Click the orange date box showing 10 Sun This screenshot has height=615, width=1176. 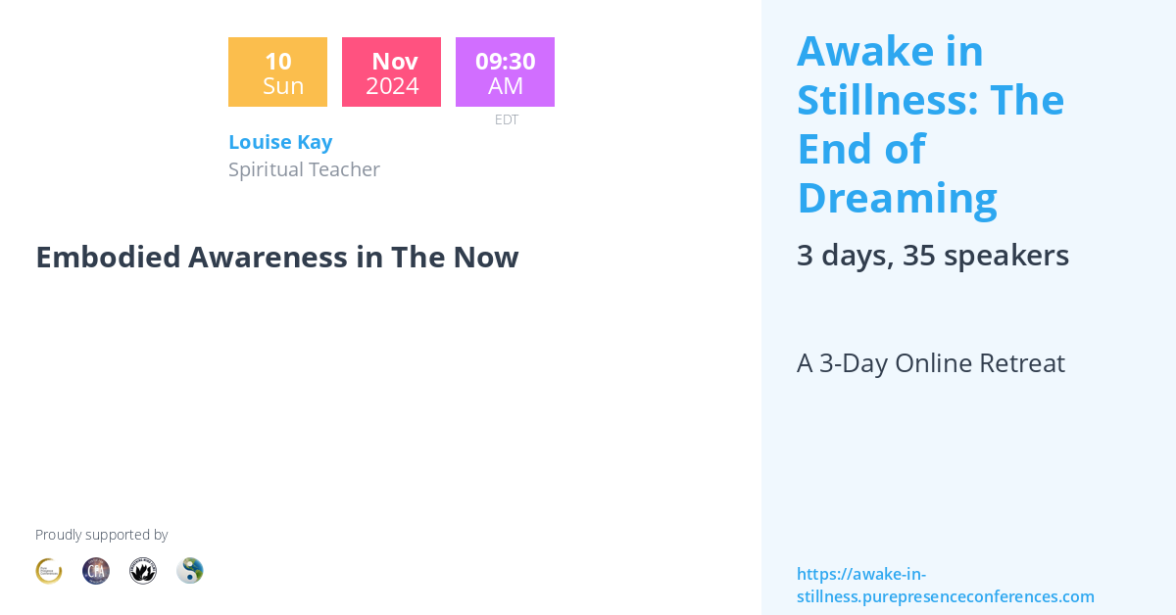click(x=277, y=72)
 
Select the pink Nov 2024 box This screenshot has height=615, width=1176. click(x=391, y=72)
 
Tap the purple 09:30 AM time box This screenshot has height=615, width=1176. click(x=505, y=72)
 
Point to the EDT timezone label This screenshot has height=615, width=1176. click(x=506, y=119)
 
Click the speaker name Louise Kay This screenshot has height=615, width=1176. click(x=280, y=142)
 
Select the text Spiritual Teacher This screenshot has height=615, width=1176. click(x=304, y=169)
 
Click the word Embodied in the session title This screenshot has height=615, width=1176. click(x=108, y=257)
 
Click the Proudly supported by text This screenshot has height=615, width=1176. click(x=101, y=535)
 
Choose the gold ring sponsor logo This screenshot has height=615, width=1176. click(x=49, y=571)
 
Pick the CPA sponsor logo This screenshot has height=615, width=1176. click(x=96, y=571)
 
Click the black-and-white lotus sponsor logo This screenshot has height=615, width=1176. click(x=143, y=571)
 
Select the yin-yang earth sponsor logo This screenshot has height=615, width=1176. click(x=190, y=571)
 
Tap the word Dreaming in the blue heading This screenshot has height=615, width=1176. click(x=897, y=198)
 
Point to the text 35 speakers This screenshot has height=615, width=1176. click(x=986, y=256)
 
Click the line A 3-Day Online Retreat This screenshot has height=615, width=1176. click(x=930, y=363)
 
